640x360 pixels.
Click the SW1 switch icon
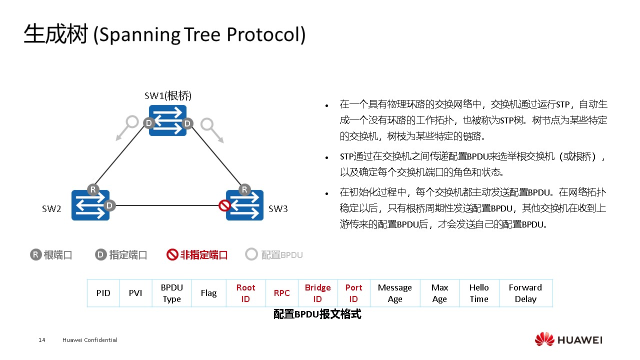(x=167, y=120)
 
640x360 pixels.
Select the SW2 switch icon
(x=90, y=205)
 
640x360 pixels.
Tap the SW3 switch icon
(x=245, y=205)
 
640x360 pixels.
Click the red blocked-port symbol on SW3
(x=224, y=205)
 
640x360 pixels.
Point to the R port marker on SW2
(x=92, y=189)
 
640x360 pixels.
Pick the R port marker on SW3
(x=244, y=189)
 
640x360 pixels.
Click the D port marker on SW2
(x=110, y=205)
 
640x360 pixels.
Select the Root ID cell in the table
(x=245, y=293)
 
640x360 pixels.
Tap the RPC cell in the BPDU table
(x=281, y=293)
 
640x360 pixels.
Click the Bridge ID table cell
(x=317, y=293)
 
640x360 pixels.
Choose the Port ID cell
(x=353, y=293)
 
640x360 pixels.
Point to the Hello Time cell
(x=478, y=293)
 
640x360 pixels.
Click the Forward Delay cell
(x=525, y=293)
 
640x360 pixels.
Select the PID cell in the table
(x=103, y=293)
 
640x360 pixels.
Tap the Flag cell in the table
(x=208, y=293)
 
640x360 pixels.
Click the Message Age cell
(x=394, y=293)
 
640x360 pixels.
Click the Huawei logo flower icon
(x=544, y=339)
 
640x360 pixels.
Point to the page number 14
(x=42, y=340)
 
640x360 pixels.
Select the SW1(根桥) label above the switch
(x=168, y=95)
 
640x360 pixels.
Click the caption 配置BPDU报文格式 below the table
(x=317, y=314)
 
